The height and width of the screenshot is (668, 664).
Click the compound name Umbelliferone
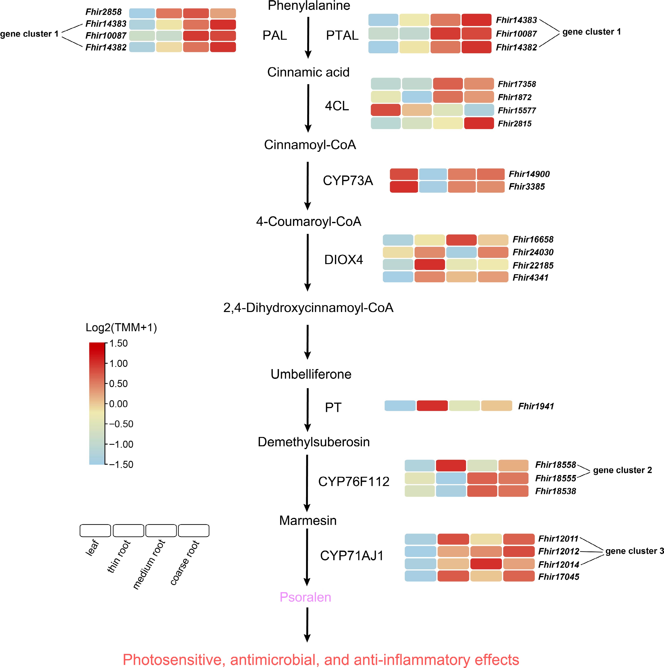pyautogui.click(x=311, y=374)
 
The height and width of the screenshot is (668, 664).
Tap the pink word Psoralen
pyautogui.click(x=305, y=597)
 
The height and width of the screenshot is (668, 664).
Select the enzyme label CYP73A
pyautogui.click(x=348, y=181)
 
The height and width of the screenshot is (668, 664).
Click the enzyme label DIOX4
pyautogui.click(x=344, y=260)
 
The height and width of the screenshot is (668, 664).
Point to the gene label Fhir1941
pyautogui.click(x=536, y=406)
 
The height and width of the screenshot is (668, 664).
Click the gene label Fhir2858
pyautogui.click(x=104, y=12)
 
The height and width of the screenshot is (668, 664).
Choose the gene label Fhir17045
pyautogui.click(x=559, y=577)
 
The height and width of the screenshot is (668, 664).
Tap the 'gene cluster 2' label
pyautogui.click(x=622, y=470)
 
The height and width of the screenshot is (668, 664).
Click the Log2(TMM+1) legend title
pyautogui.click(x=121, y=327)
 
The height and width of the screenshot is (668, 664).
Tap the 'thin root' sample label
pyautogui.click(x=119, y=556)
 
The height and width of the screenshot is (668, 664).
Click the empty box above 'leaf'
pyautogui.click(x=95, y=530)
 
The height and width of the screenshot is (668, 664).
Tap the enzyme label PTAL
pyautogui.click(x=342, y=35)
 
